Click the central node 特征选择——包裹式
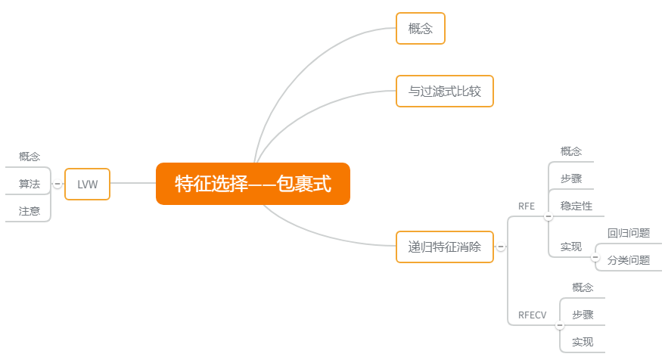253,184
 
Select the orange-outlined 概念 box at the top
420,29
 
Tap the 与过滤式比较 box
444,92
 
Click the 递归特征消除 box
444,247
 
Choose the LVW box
87,184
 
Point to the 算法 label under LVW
30,184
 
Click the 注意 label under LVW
30,211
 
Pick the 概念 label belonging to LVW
30,157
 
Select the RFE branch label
527,206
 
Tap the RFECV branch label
532,315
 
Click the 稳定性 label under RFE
576,206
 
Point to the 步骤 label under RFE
571,178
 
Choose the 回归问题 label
629,233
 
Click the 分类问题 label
629,260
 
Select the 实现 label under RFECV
583,342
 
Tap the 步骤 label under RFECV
583,315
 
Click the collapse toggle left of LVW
57,184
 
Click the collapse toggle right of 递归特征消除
501,247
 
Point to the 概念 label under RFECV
583,287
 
